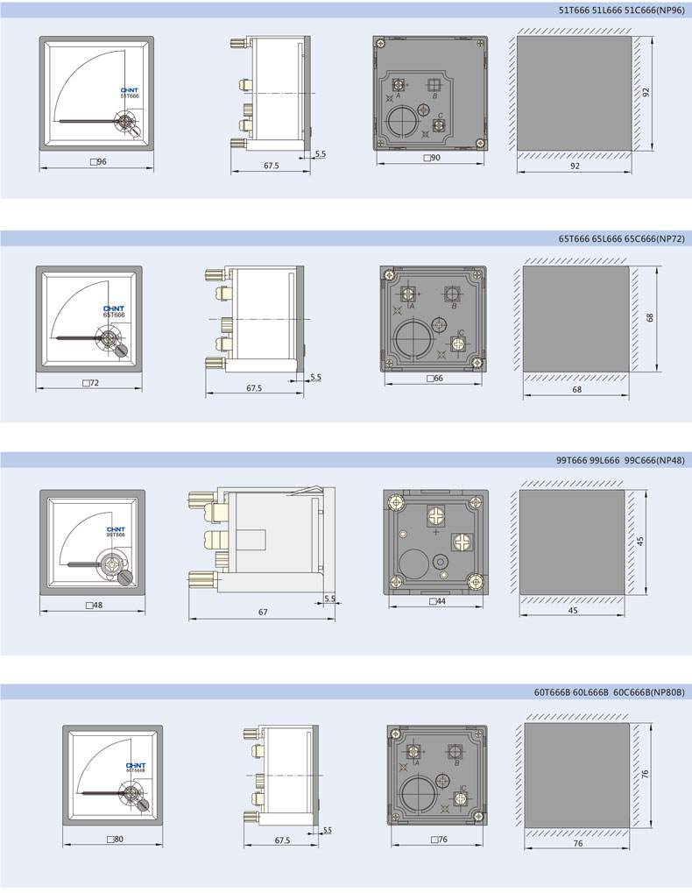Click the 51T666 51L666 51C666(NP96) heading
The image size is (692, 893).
621,11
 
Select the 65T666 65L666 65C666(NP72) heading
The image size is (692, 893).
621,238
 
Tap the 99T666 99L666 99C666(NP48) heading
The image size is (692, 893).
620,460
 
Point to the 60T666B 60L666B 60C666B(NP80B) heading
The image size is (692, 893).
609,692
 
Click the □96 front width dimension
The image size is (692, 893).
98,162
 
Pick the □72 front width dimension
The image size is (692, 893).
90,383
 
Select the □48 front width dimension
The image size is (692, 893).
94,605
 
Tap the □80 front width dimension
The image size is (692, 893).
115,839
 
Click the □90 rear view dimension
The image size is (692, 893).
432,158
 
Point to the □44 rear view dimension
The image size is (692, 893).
438,601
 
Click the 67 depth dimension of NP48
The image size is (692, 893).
263,613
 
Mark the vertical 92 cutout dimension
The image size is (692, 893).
646,92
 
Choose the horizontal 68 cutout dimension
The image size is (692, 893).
577,390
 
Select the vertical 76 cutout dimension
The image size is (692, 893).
645,775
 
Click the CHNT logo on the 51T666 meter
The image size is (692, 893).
129,90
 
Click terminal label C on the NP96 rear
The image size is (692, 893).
441,117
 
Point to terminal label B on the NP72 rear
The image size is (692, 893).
454,307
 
